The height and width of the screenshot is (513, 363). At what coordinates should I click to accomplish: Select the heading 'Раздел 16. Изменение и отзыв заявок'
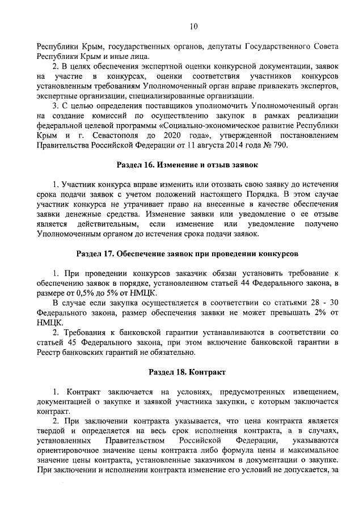tap(187, 165)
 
